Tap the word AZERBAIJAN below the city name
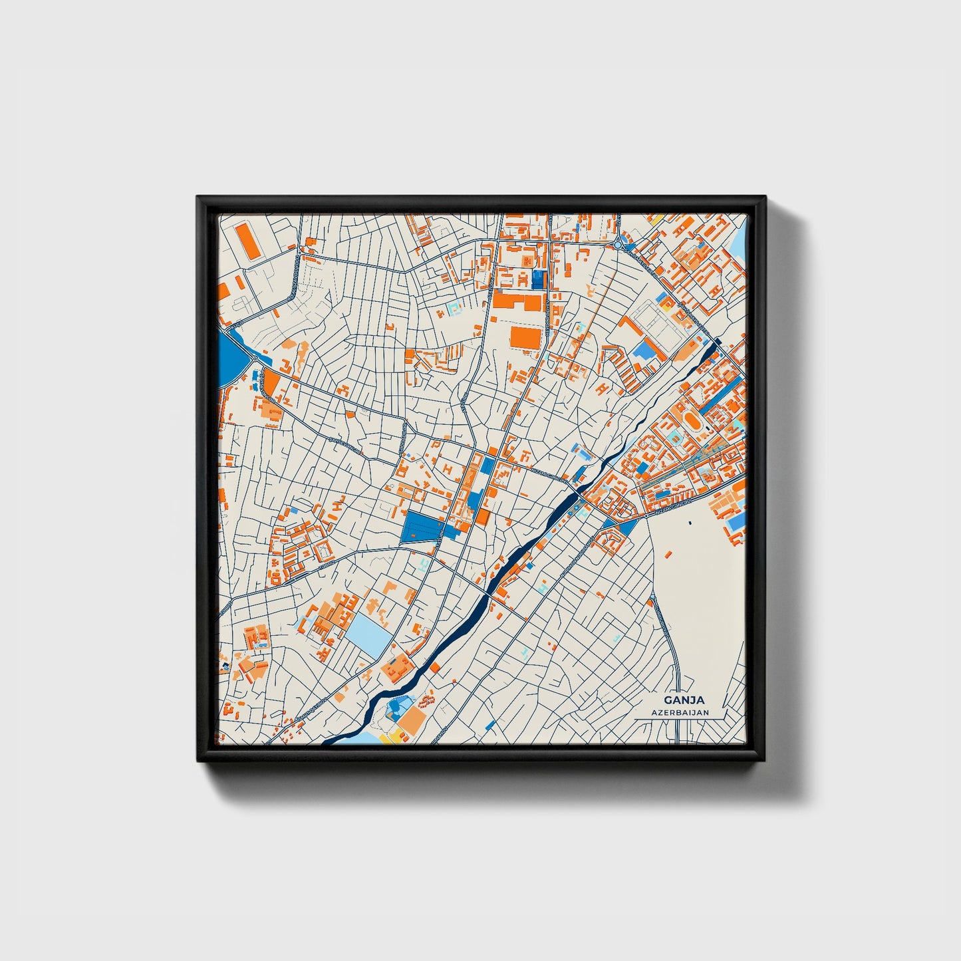680,712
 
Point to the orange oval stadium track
694,422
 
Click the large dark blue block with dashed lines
422,527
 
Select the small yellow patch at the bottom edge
393,736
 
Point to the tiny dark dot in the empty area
690,522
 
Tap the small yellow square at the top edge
653,218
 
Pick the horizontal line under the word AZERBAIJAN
680,720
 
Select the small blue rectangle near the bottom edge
491,724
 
